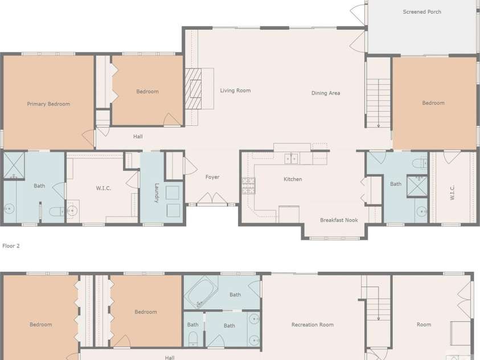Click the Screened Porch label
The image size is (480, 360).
422,12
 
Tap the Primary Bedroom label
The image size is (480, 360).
48,104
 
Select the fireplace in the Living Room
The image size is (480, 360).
193,89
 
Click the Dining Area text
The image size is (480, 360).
326,93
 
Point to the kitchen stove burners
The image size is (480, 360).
248,186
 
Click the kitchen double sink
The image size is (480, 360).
291,158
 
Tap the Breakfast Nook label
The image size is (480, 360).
339,220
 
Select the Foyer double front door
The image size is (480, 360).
212,198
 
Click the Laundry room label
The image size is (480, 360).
157,193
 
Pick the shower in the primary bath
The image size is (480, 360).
14,166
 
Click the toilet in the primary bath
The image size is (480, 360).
56,211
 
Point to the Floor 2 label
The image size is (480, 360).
11,246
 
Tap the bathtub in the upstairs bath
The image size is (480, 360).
201,292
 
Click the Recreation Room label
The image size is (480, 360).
313,325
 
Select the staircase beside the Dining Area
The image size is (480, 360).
379,103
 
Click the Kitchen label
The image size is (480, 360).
293,179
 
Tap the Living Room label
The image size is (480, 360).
235,91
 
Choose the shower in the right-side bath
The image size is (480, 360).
417,186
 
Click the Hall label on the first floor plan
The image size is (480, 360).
138,137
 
